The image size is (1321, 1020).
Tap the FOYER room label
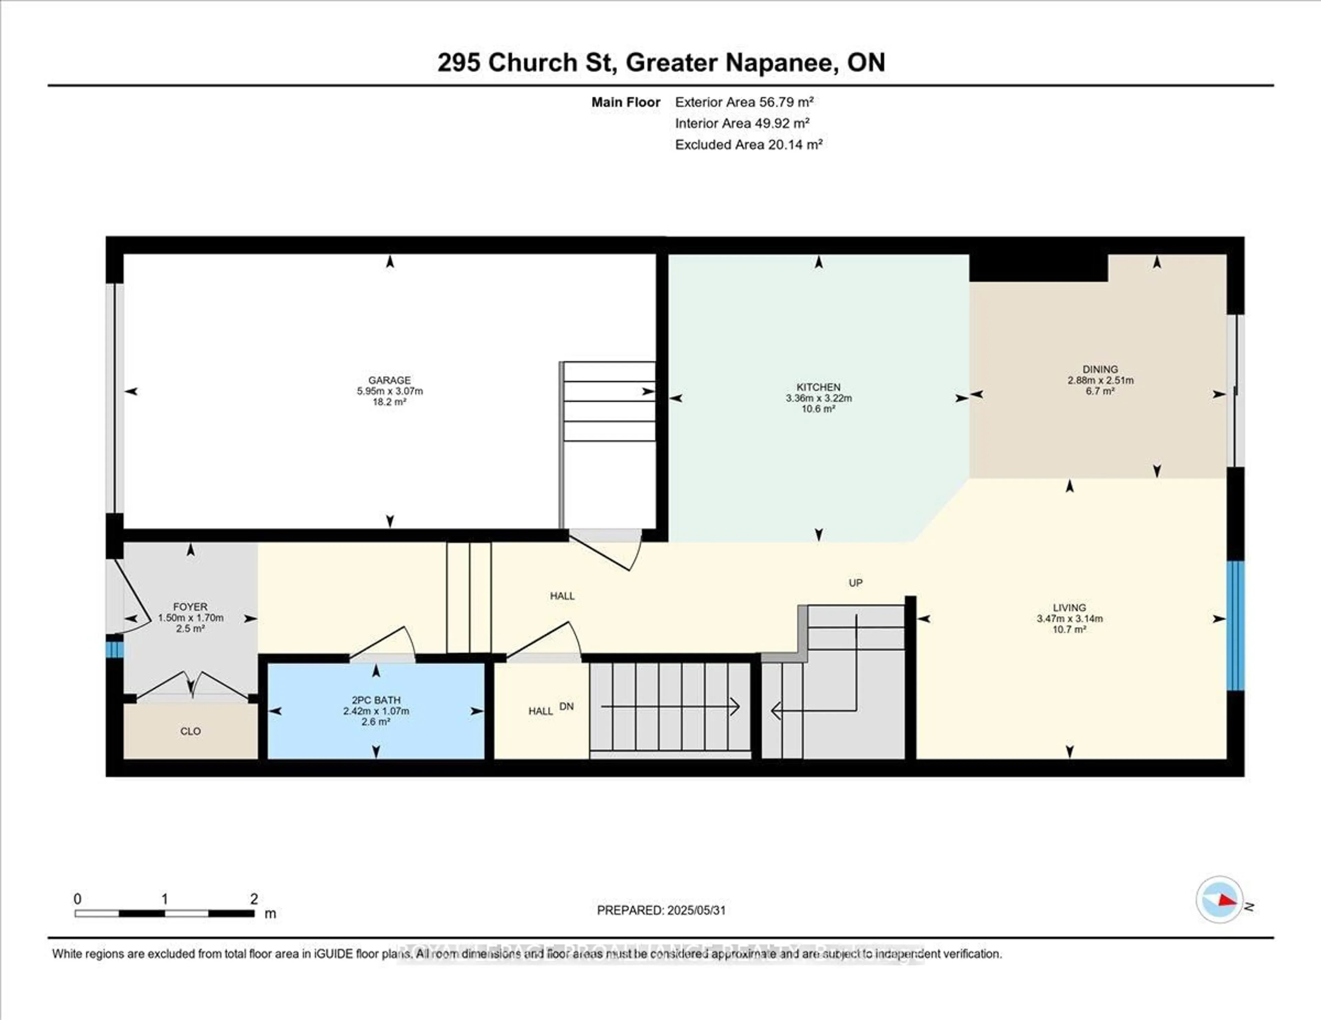pyautogui.click(x=190, y=606)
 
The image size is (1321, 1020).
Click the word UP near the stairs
pyautogui.click(x=855, y=583)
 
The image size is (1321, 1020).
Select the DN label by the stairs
pyautogui.click(x=566, y=706)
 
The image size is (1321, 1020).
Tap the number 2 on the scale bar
pyautogui.click(x=254, y=899)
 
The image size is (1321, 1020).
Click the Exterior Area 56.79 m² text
pyautogui.click(x=744, y=102)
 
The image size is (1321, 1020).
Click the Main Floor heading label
pyautogui.click(x=625, y=102)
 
